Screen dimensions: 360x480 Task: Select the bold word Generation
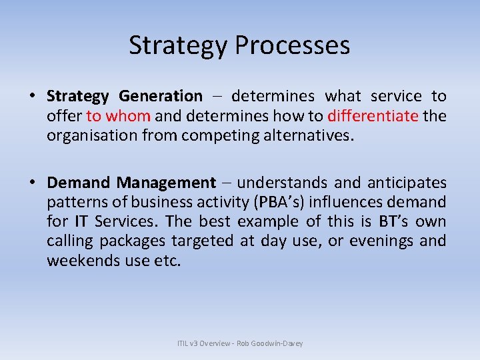tap(163, 97)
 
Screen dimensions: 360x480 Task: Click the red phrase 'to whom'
tap(119, 116)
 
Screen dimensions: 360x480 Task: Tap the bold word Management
tap(167, 183)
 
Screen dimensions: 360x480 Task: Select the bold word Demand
tap(79, 183)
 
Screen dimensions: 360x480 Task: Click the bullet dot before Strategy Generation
tap(32, 97)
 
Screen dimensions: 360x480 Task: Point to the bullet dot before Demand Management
tap(32, 183)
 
